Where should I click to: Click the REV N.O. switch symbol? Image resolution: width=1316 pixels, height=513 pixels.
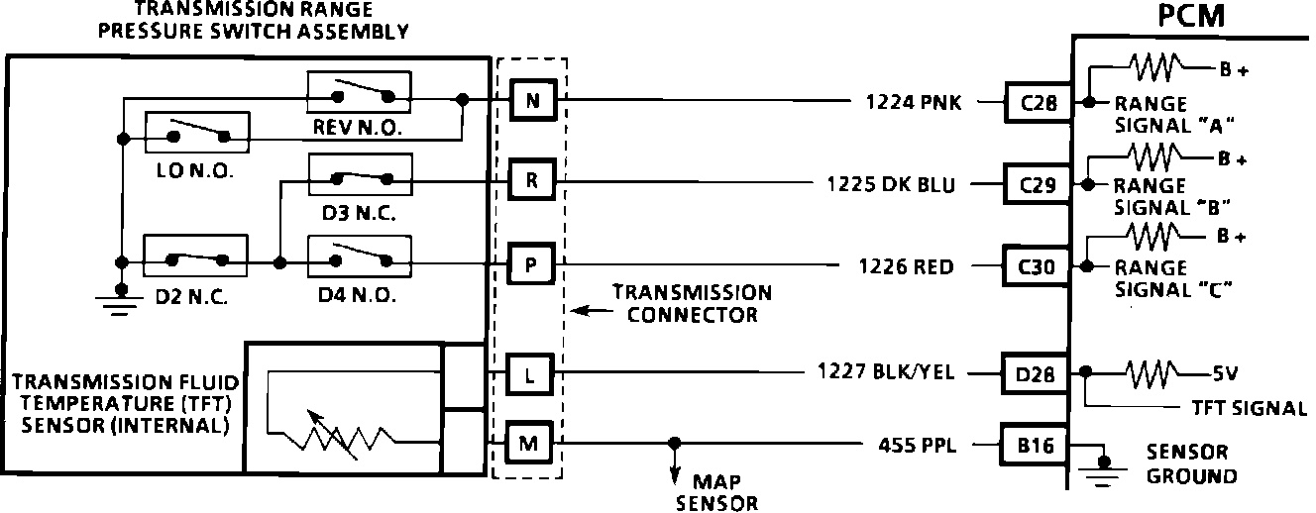point(359,96)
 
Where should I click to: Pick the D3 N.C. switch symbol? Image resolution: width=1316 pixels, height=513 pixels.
point(359,179)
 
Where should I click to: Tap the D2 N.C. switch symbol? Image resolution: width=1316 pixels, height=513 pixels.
point(195,260)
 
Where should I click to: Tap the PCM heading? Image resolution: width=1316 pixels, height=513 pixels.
point(1190,17)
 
